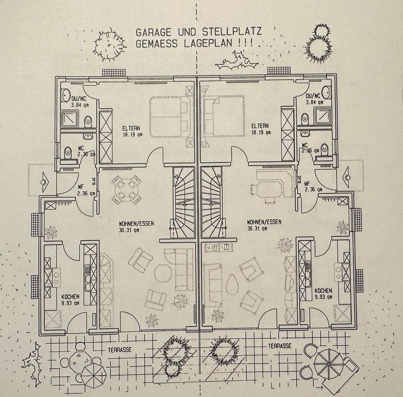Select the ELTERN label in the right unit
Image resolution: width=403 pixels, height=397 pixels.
[260, 125]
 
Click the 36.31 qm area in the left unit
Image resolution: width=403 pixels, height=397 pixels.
[131, 230]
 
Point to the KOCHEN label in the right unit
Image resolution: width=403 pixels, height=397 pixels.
[323, 290]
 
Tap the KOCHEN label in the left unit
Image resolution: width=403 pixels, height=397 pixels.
[71, 296]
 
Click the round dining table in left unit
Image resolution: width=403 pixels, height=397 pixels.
[126, 190]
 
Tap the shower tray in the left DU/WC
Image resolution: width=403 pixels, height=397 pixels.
[70, 119]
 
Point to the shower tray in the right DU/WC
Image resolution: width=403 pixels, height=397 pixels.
[322, 115]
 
